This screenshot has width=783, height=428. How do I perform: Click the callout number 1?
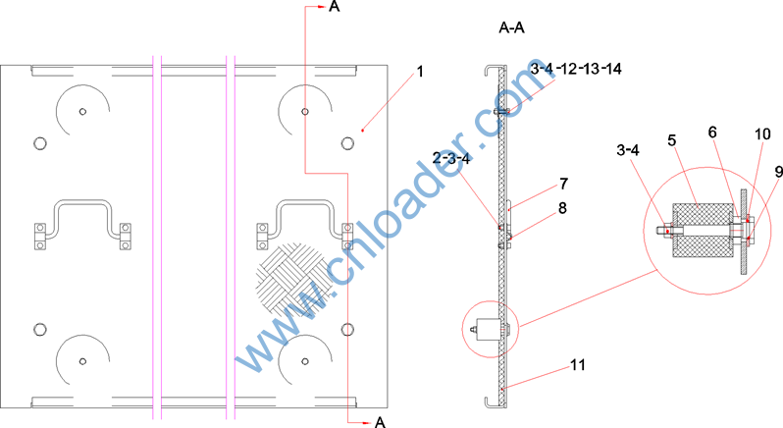[420, 72]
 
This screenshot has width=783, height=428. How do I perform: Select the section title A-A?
[512, 27]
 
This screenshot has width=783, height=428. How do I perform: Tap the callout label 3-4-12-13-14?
[576, 69]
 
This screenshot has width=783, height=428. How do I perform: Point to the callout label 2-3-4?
[451, 158]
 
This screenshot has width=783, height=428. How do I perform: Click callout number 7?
[564, 184]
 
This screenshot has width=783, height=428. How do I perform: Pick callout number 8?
[562, 208]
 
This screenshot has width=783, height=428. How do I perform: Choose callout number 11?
[578, 365]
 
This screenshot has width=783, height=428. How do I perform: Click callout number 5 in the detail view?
[672, 140]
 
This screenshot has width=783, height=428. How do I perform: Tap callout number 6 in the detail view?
[712, 133]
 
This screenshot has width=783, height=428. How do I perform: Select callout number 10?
[762, 134]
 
